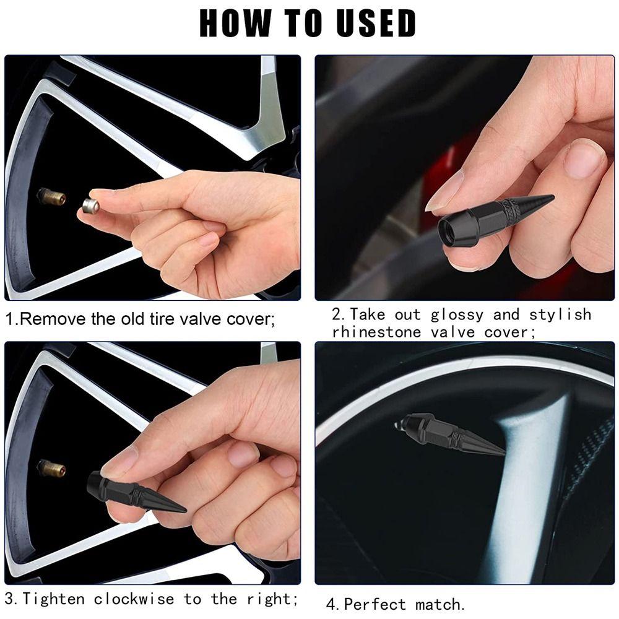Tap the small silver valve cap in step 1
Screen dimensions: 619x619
pos(91,206)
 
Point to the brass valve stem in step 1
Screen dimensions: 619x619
pos(51,197)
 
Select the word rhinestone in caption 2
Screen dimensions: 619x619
pos(377,332)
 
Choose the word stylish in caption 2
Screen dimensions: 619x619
pos(560,315)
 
